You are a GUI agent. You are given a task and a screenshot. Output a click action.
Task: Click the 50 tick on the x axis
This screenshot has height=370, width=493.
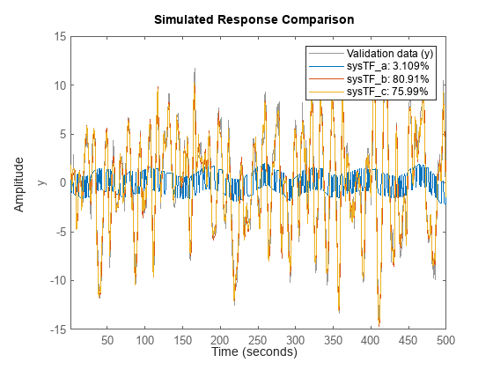point(107,339)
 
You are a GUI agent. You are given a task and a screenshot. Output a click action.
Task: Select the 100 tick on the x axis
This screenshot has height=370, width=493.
point(144,339)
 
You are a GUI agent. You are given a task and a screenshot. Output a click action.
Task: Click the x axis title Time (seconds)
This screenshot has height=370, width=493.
point(254,352)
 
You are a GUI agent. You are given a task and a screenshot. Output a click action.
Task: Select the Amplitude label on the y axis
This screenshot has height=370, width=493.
point(20,183)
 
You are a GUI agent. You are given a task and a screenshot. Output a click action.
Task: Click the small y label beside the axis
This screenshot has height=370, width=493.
point(40,183)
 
